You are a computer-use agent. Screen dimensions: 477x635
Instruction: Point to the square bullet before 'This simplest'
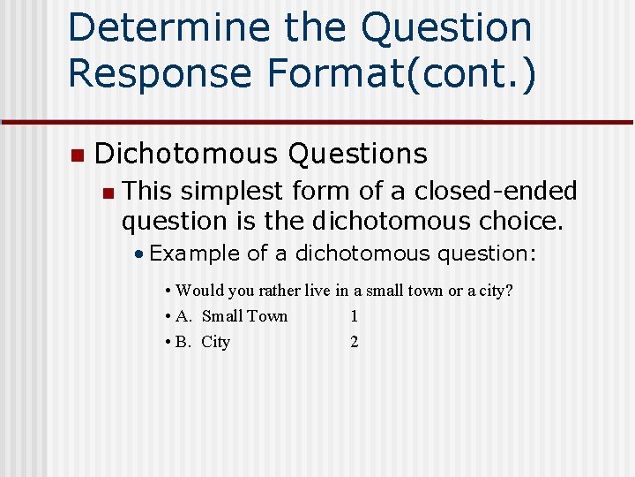click(107, 192)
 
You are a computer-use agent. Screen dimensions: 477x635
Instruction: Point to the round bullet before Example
click(140, 254)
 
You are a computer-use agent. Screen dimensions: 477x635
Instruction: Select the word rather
click(280, 291)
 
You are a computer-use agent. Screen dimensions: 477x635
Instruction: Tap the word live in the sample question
click(318, 291)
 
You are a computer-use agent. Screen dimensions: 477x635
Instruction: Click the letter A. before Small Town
click(184, 316)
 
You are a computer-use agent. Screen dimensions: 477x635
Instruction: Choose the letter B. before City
click(183, 342)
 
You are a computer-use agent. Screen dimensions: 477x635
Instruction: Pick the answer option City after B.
click(216, 342)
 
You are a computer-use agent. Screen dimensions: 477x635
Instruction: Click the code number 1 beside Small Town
click(354, 316)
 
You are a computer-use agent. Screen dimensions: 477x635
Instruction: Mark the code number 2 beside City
click(355, 342)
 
